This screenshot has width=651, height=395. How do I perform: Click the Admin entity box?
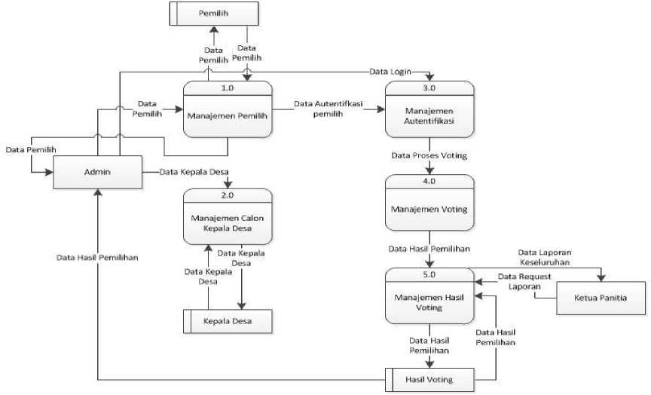pos(97,173)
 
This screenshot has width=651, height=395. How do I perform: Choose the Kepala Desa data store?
pos(228,322)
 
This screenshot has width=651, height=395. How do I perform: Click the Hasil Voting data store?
pos(429,378)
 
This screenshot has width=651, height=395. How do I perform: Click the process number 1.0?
pos(228,87)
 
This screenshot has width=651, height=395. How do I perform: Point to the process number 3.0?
pos(429,87)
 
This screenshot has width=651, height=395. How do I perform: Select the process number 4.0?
pos(429,182)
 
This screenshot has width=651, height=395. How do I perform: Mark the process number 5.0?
pos(429,275)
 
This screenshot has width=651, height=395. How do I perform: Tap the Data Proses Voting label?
pos(429,156)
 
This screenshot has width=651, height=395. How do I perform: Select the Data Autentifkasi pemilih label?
pos(329,109)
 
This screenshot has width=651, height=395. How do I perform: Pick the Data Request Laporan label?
pos(524,282)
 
